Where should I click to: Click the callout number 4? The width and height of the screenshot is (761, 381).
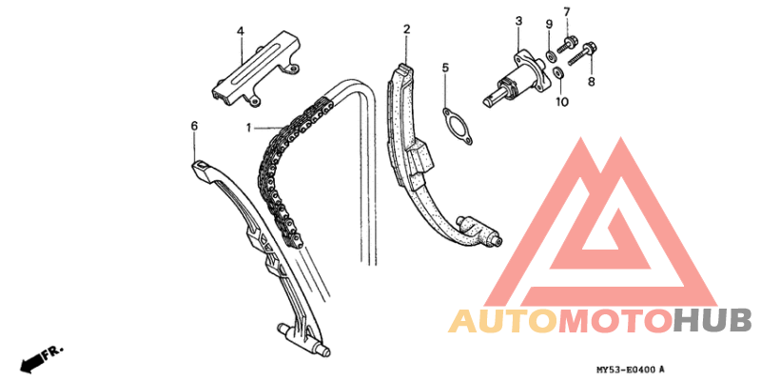point(241,31)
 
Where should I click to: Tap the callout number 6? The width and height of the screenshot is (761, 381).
point(194,127)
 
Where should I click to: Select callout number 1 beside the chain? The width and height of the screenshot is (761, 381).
point(248,129)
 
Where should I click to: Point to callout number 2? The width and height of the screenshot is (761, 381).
point(406,30)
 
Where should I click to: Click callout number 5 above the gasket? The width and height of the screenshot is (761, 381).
point(445,68)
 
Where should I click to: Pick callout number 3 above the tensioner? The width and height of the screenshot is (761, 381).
point(518,21)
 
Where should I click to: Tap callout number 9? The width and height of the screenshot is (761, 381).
point(549,25)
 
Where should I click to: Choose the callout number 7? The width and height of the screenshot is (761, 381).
point(566,11)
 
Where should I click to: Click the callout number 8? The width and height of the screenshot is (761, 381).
point(591,82)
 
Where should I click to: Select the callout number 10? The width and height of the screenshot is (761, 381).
point(562,102)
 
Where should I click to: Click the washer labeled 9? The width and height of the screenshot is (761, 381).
point(552,57)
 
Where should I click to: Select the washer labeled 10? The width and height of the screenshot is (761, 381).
point(558,73)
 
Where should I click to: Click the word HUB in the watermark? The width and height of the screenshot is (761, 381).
point(712,321)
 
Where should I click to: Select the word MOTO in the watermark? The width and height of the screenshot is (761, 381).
point(615,321)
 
